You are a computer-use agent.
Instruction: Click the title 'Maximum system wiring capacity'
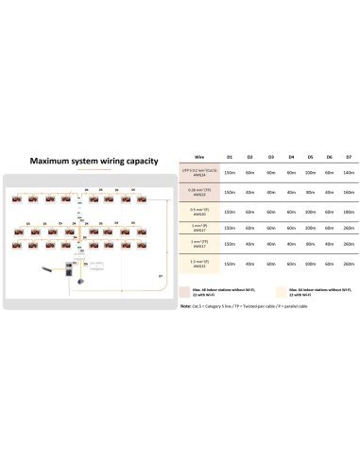coord(90,161)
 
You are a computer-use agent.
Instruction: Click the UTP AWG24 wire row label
coord(199,172)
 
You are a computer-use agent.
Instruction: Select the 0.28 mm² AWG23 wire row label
coord(199,192)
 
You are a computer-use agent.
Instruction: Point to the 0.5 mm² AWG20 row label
coord(199,212)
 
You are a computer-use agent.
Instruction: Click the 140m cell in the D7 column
coord(350,172)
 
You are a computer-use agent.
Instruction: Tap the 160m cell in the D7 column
coord(350,192)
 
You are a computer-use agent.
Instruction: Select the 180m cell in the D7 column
coord(350,212)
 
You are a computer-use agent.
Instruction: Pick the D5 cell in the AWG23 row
coord(310,192)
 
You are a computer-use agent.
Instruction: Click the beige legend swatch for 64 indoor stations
coord(280,288)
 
